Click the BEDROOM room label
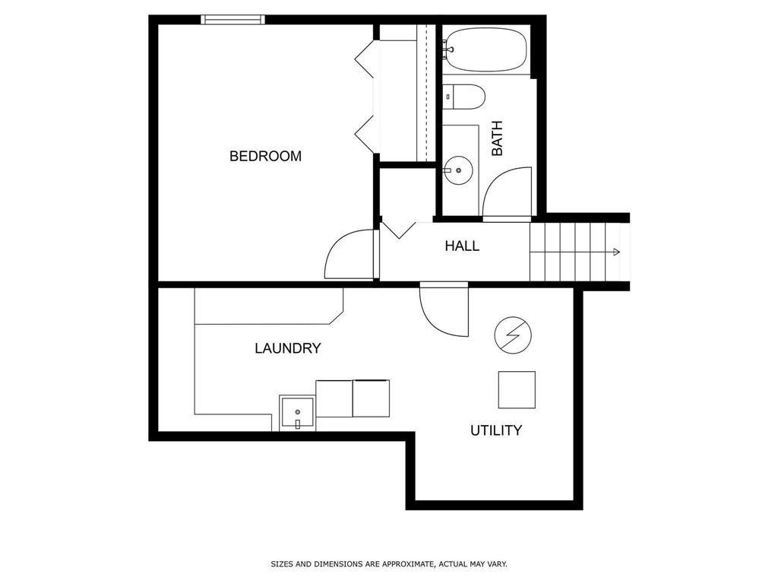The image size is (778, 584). click(x=265, y=156)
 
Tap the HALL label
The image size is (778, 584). click(x=462, y=246)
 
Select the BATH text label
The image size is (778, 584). click(x=497, y=138)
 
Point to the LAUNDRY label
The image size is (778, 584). click(x=288, y=348)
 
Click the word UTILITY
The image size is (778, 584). click(x=496, y=430)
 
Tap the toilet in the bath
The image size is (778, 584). click(x=463, y=97)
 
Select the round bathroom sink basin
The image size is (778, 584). click(x=458, y=170)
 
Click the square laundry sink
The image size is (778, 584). click(x=297, y=413)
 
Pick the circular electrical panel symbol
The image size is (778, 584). click(x=513, y=335)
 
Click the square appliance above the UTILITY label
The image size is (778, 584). click(x=517, y=390)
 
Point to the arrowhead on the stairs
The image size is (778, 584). click(x=616, y=252)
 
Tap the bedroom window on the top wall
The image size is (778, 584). click(x=232, y=19)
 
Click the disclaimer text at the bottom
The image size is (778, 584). click(x=389, y=564)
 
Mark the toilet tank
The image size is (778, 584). click(x=448, y=97)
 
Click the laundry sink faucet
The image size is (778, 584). click(x=298, y=424)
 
